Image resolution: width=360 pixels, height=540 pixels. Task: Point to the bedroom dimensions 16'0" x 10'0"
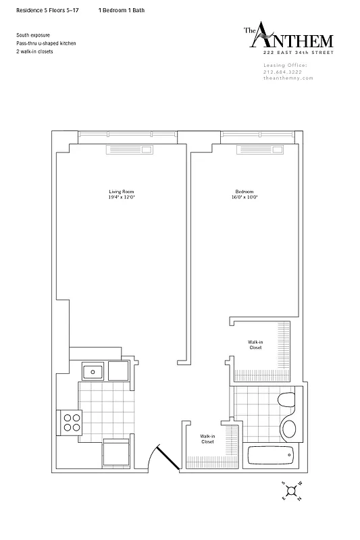(245, 197)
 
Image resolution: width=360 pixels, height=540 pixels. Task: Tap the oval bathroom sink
(288, 429)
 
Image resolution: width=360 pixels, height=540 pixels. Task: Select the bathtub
(272, 456)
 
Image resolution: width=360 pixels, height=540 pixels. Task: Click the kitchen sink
(92, 371)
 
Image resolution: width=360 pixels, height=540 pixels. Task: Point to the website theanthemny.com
(288, 78)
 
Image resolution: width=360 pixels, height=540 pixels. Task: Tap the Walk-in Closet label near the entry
(208, 439)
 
